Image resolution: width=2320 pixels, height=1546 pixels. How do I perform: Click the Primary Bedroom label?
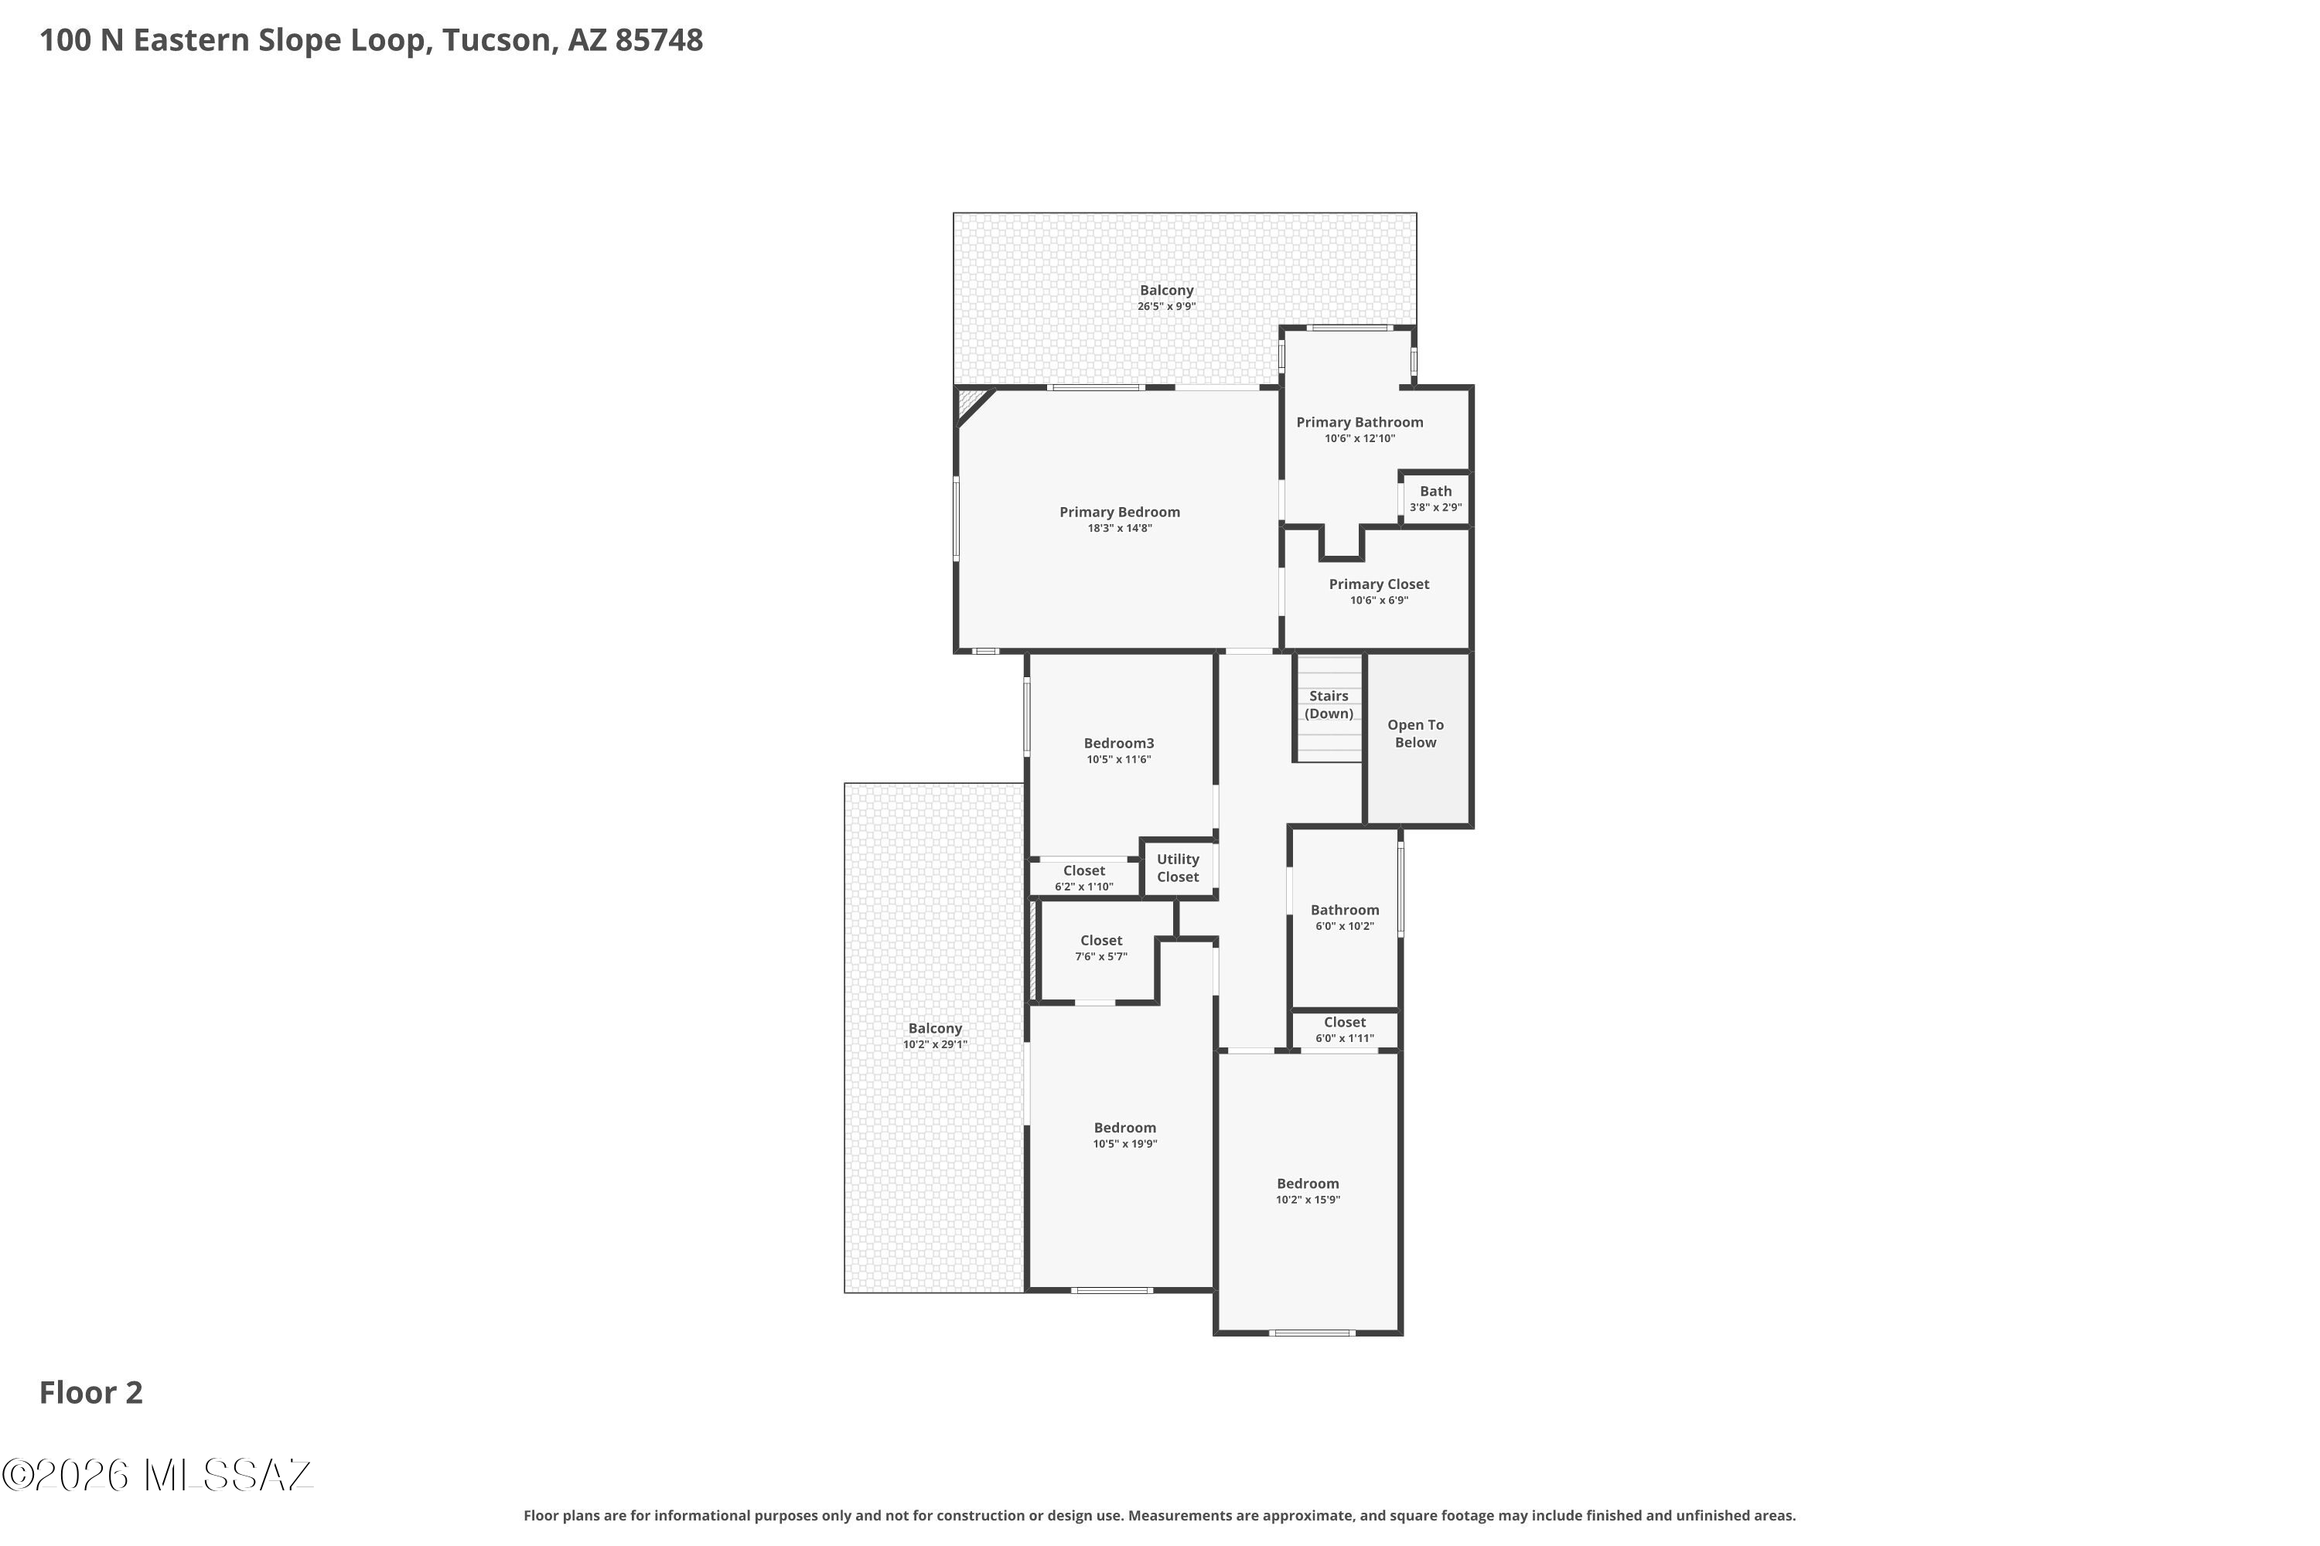click(x=1120, y=512)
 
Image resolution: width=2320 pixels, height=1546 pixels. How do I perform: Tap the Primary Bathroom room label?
click(x=1360, y=422)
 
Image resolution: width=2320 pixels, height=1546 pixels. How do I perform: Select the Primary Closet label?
click(x=1379, y=584)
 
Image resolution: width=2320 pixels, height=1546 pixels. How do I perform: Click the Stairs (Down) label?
click(x=1329, y=704)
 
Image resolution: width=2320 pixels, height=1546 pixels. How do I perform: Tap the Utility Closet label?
click(x=1178, y=867)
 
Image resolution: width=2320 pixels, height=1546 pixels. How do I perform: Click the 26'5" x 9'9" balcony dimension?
click(x=1167, y=307)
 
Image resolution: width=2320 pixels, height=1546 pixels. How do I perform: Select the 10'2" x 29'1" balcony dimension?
click(x=935, y=1044)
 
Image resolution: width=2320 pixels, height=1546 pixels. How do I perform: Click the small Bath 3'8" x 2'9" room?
click(x=1435, y=499)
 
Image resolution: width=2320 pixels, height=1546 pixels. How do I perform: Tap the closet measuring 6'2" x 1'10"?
click(x=1084, y=877)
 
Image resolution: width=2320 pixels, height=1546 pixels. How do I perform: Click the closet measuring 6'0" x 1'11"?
click(x=1345, y=1030)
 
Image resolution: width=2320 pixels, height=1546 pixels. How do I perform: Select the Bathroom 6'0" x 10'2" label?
click(x=1345, y=910)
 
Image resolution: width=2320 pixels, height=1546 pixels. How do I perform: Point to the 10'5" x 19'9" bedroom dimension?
click(x=1124, y=1144)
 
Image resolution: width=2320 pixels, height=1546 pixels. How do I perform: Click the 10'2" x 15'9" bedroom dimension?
click(x=1308, y=1200)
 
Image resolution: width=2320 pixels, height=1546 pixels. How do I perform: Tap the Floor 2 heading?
click(x=90, y=1392)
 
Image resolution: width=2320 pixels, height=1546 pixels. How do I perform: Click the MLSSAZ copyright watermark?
click(x=158, y=1475)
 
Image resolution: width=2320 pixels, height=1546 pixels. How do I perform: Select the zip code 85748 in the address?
click(x=659, y=40)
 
